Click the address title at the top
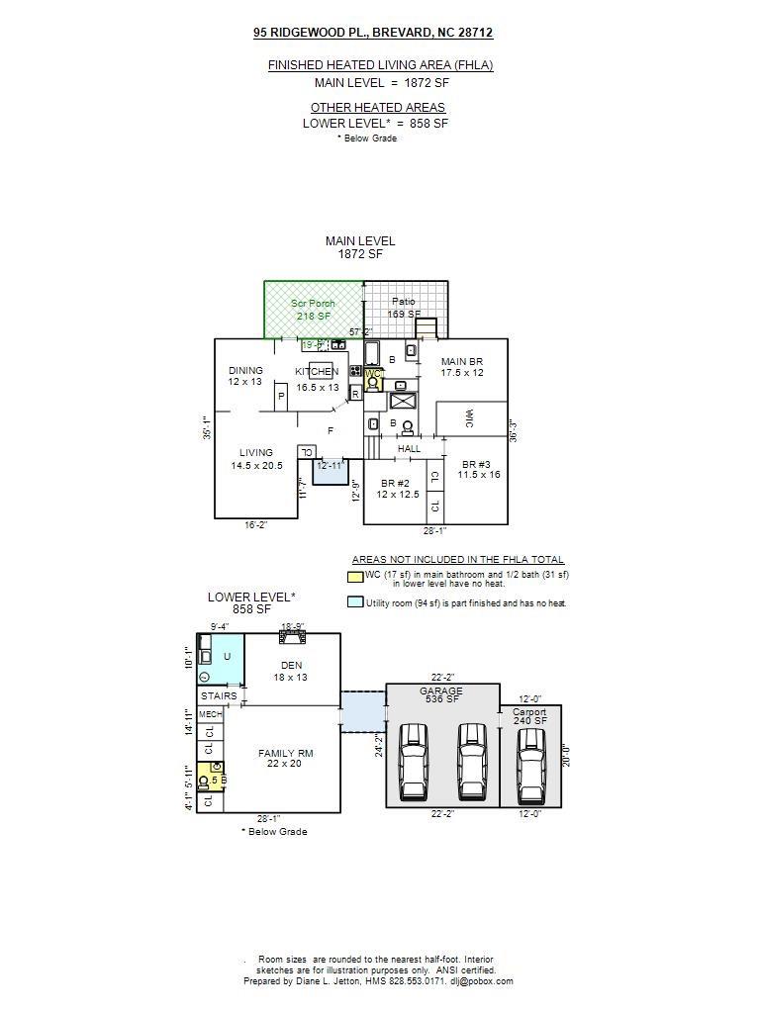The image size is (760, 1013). tap(373, 33)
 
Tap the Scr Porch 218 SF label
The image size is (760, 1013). tap(313, 310)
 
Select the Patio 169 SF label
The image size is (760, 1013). tap(404, 307)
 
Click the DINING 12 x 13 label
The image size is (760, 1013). tap(245, 376)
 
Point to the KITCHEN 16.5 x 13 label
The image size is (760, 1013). tap(317, 379)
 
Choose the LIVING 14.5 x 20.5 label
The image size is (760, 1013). tap(256, 459)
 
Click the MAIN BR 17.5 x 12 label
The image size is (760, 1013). tap(462, 367)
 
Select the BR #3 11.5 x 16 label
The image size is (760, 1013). tap(479, 469)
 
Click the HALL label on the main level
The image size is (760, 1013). tap(409, 448)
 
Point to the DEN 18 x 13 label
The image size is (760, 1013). tap(291, 671)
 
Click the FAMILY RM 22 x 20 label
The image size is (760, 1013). tap(285, 758)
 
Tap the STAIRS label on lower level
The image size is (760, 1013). tap(219, 695)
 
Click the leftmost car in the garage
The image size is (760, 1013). tap(414, 762)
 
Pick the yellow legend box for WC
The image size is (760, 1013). tap(354, 577)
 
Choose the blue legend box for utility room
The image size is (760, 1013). tap(354, 601)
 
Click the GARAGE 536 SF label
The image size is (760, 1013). tap(441, 695)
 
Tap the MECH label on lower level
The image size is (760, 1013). tap(210, 714)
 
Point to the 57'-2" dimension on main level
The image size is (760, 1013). tap(361, 332)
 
